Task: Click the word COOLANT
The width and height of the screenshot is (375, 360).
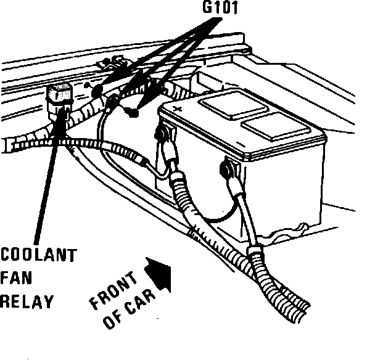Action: point(39,255)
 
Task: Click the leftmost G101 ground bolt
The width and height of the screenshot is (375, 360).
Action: point(96,90)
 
